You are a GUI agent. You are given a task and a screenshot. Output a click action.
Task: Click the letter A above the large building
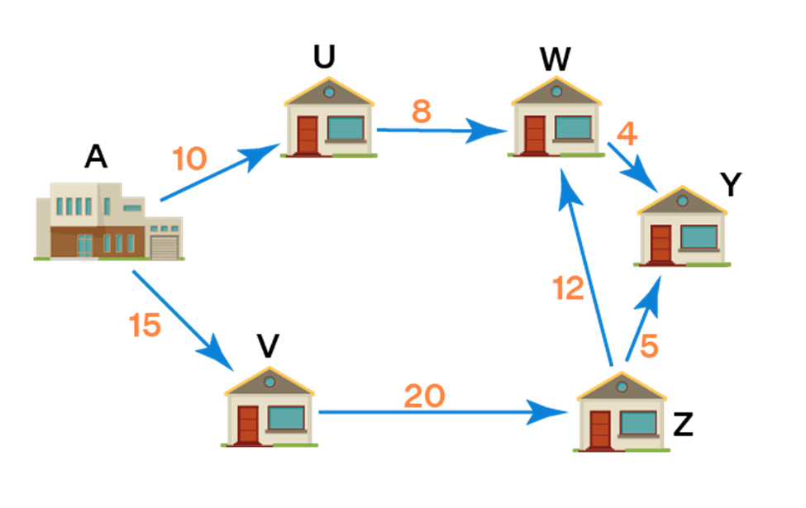pos(96,157)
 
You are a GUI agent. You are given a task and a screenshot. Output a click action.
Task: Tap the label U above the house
pos(323,56)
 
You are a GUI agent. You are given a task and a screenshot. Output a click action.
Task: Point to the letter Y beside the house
pos(730,186)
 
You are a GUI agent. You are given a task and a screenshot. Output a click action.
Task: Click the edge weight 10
pos(189,159)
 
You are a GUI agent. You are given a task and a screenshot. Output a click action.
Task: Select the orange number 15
pos(145,325)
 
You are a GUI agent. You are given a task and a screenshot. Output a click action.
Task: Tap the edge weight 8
pos(422,112)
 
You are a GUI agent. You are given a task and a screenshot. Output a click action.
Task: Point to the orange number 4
pos(627,135)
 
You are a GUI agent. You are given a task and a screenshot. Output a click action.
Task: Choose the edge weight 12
pos(568,287)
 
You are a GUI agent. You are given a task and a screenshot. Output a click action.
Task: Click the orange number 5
pos(649,347)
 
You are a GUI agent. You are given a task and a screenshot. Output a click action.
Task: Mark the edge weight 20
pos(424,396)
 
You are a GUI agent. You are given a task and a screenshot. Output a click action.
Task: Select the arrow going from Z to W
pos(585,264)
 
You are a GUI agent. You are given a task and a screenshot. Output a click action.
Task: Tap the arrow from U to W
pos(438,130)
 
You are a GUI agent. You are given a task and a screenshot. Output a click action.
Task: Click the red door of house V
pos(248,424)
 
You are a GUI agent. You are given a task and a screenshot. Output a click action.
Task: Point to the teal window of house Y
pos(699,237)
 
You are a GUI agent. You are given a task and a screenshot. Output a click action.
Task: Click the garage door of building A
pos(165,248)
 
